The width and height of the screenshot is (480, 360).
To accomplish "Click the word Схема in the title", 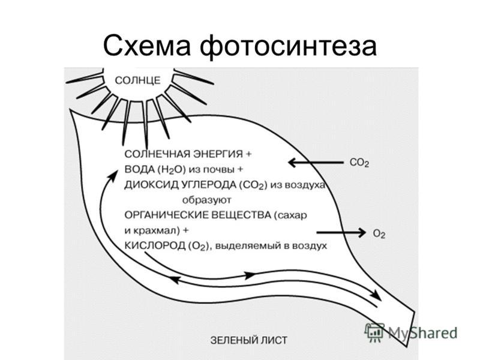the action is pyautogui.click(x=147, y=46).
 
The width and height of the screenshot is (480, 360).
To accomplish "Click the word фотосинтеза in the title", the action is pyautogui.click(x=289, y=46).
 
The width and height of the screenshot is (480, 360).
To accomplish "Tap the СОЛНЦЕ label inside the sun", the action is pyautogui.click(x=138, y=80).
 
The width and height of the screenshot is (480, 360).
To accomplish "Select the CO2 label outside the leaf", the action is pyautogui.click(x=359, y=163).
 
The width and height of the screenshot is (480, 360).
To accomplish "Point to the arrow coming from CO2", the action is pyautogui.click(x=316, y=163).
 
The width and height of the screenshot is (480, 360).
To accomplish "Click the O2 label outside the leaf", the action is pyautogui.click(x=379, y=234).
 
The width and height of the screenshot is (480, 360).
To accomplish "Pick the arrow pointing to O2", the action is pyautogui.click(x=341, y=233).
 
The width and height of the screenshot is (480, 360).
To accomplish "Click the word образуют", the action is pyautogui.click(x=207, y=200).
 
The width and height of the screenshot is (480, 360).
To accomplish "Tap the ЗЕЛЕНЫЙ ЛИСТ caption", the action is pyautogui.click(x=249, y=340).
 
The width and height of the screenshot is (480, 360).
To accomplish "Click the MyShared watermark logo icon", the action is pyautogui.click(x=374, y=332).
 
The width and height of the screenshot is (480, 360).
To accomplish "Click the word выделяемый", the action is pyautogui.click(x=247, y=246).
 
